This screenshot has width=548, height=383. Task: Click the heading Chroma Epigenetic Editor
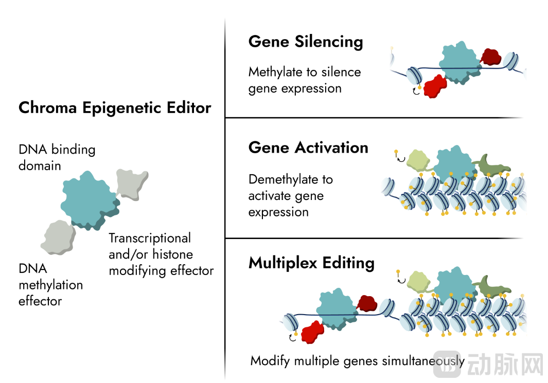tap(115, 108)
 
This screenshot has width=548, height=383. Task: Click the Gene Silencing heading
tap(306, 42)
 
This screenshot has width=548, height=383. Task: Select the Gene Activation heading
tap(308, 148)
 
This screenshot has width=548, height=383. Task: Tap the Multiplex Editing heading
tap(311, 263)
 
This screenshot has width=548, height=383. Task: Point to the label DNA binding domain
tap(57, 158)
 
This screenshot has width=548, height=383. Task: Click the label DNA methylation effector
tap(50, 285)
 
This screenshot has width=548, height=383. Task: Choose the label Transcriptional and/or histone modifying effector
tap(161, 254)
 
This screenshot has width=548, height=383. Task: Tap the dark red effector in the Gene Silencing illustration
tap(491, 57)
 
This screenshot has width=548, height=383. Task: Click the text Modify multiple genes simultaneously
tap(357, 361)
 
